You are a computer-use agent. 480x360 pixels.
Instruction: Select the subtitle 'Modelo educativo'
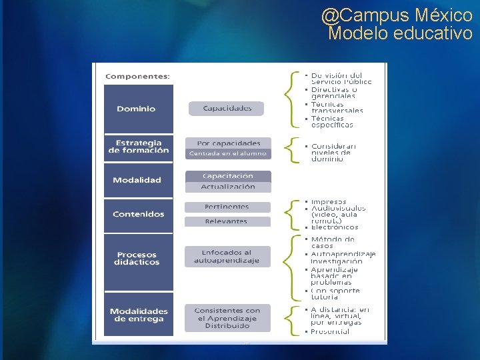[400, 33]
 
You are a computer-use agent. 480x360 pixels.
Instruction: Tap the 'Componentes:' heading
[137, 76]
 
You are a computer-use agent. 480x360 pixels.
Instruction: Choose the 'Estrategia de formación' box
[139, 147]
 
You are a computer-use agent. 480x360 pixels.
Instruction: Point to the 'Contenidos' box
[139, 215]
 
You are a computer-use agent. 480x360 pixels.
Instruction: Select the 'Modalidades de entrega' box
[139, 315]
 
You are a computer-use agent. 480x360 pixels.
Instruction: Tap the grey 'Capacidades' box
[227, 109]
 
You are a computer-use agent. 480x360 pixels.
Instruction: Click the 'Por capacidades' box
[228, 143]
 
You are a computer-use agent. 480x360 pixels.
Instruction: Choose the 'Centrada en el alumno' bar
[228, 153]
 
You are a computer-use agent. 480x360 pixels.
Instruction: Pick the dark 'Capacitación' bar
[228, 176]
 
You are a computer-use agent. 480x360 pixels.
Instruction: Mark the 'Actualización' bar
[228, 187]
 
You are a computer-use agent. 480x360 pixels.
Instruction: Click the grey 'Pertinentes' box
[227, 207]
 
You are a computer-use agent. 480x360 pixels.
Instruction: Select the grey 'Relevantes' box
[227, 221]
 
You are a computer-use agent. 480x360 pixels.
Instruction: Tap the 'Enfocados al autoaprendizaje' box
[227, 257]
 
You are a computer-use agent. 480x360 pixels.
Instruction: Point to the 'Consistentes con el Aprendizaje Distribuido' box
[227, 318]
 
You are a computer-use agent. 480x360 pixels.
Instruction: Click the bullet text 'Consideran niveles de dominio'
[333, 153]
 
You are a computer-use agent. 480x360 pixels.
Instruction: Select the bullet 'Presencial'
[330, 331]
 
